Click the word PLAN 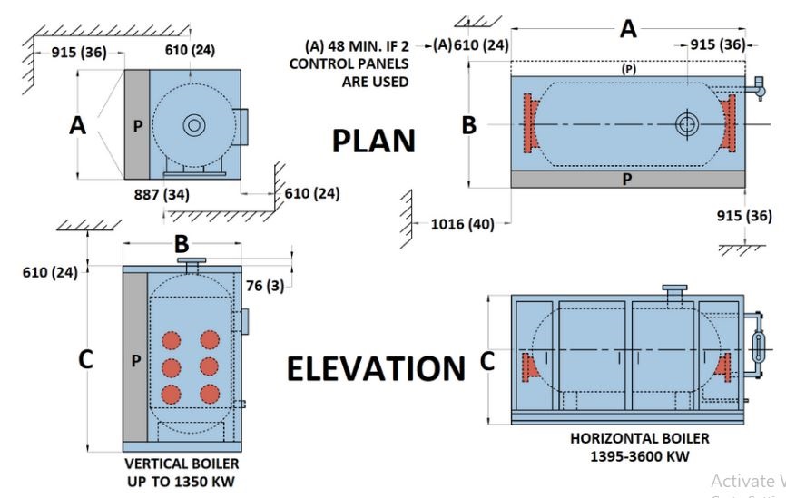[x=373, y=142]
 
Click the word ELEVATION [x=376, y=369]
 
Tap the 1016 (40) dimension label [x=463, y=224]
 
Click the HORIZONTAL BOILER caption [x=639, y=438]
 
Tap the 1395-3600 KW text [x=639, y=455]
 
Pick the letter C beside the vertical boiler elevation [x=85, y=359]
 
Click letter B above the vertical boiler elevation [x=182, y=243]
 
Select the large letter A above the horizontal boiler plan [x=628, y=29]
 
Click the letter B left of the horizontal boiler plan [x=468, y=125]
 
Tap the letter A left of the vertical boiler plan [x=78, y=126]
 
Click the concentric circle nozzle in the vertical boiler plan [x=193, y=126]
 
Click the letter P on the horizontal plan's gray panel [x=626, y=180]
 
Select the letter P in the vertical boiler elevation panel [x=135, y=361]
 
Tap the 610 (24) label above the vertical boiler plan [x=191, y=50]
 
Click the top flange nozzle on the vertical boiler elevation [x=192, y=264]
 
